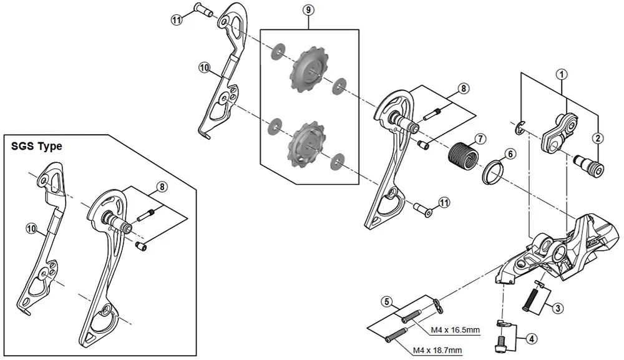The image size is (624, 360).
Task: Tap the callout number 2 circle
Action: (598, 137)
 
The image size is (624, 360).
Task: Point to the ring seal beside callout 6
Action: (492, 172)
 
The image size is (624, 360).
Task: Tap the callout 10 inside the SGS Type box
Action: (31, 229)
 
